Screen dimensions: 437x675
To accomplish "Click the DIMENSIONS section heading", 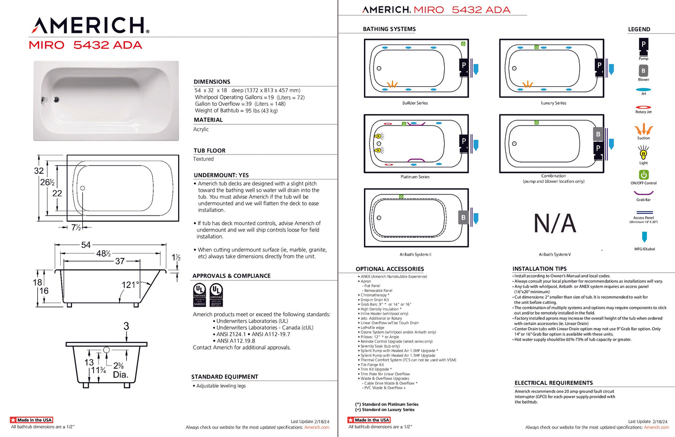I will (x=212, y=82).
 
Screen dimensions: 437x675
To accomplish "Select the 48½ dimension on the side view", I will (x=103, y=254).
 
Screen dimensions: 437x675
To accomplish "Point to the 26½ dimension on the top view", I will (x=47, y=182).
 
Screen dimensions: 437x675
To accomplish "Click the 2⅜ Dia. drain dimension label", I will (x=120, y=370).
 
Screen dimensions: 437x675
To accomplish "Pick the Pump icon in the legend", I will (x=643, y=46).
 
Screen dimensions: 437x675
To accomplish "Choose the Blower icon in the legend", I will (x=643, y=71).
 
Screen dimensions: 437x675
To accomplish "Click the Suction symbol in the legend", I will (x=643, y=130).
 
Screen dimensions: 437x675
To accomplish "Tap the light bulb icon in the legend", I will (x=643, y=154).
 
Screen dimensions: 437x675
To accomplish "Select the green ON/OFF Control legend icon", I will (x=643, y=175).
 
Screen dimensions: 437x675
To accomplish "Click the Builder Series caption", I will (x=415, y=103).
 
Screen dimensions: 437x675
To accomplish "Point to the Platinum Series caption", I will (x=415, y=177).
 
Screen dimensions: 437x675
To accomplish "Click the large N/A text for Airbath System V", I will (x=555, y=224).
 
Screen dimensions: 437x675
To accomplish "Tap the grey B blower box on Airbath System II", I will (x=463, y=218).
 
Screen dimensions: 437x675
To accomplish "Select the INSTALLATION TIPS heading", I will (x=540, y=269).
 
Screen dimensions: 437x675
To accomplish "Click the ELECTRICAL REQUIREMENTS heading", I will (x=553, y=383).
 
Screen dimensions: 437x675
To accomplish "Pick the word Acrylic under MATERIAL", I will (x=201, y=130).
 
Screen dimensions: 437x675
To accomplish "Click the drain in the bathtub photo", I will (x=56, y=99).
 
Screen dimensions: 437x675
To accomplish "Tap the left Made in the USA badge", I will (x=31, y=420).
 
